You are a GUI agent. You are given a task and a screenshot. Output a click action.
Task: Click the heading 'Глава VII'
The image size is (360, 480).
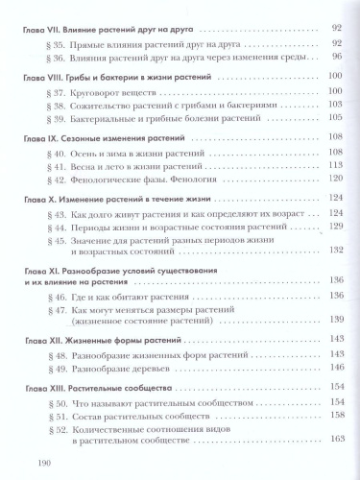tap(44, 29)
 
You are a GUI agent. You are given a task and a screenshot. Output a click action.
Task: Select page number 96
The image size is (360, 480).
tap(335, 59)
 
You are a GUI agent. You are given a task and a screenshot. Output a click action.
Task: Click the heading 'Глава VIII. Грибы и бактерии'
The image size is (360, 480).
tap(116, 76)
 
